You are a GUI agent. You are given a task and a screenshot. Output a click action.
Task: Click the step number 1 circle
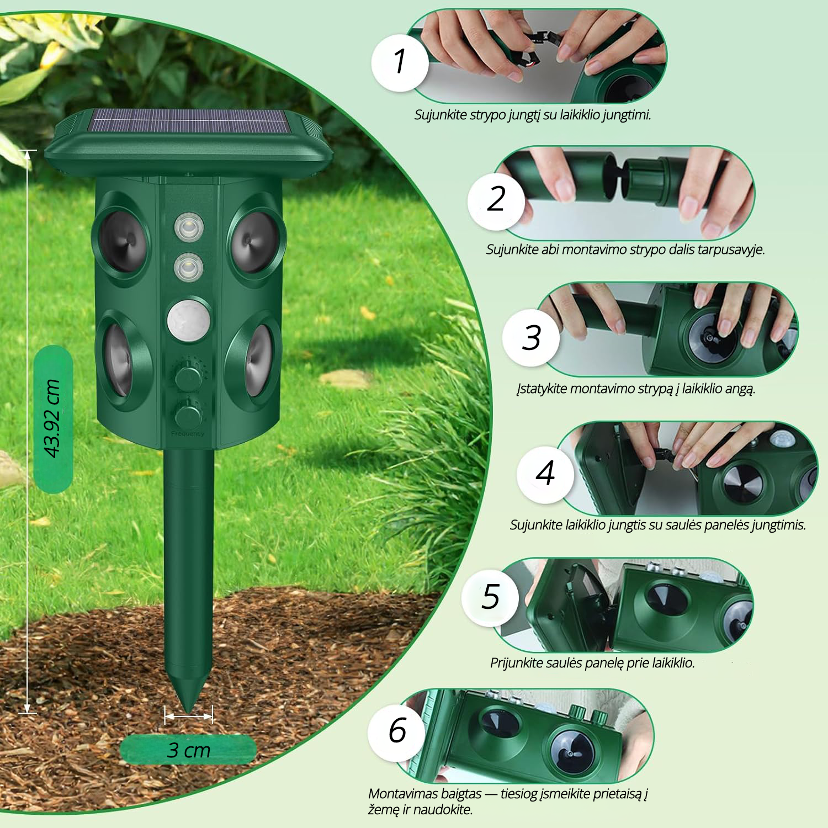pyautogui.click(x=400, y=62)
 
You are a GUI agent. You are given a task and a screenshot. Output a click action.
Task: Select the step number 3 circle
pyautogui.click(x=531, y=337)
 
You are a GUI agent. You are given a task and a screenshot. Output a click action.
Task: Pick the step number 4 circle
pyautogui.click(x=545, y=474)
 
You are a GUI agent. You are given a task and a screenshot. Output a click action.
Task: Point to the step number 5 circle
pyautogui.click(x=490, y=597)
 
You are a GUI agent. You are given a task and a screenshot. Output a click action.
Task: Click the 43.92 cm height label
pyautogui.click(x=52, y=418)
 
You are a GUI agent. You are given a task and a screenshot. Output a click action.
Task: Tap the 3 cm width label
pyautogui.click(x=188, y=750)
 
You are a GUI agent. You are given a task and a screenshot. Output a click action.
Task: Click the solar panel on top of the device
pyautogui.click(x=190, y=121)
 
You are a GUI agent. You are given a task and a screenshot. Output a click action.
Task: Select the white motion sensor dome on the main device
pyautogui.click(x=189, y=320)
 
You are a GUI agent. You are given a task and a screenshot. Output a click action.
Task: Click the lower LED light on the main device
pyautogui.click(x=189, y=267)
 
